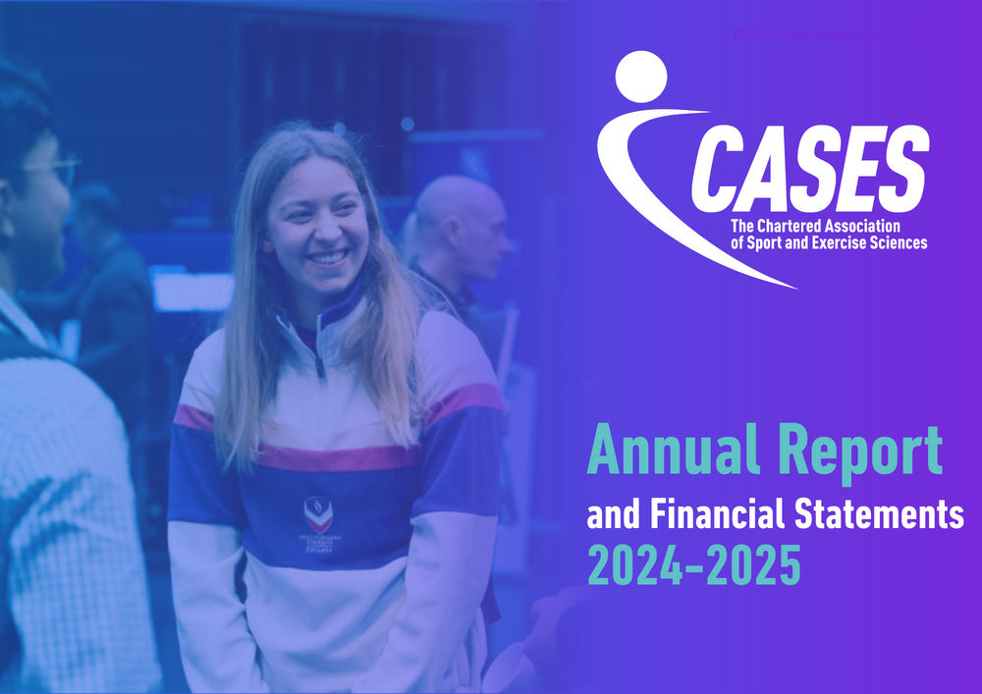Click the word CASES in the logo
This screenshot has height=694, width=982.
coord(809,173)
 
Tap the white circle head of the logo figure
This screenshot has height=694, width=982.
coord(639,76)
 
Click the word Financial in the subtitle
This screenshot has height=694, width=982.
coord(715,514)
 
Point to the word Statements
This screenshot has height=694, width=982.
coord(877,514)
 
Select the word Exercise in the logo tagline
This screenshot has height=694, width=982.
coord(846,242)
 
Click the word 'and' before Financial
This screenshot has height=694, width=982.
coord(608,514)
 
